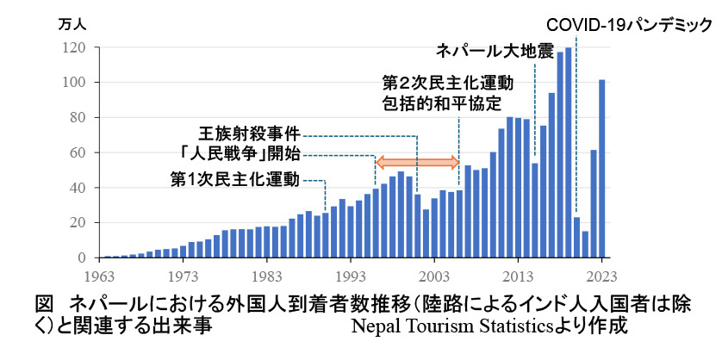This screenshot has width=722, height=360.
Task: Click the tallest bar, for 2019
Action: point(569,152)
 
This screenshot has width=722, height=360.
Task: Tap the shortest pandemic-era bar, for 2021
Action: point(585,245)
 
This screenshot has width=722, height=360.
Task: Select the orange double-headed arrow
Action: point(418,161)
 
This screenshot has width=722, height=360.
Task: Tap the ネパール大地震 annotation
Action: point(494,51)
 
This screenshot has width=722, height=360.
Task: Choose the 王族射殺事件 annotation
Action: point(251,135)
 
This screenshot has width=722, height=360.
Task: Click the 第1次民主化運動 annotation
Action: point(233,180)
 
